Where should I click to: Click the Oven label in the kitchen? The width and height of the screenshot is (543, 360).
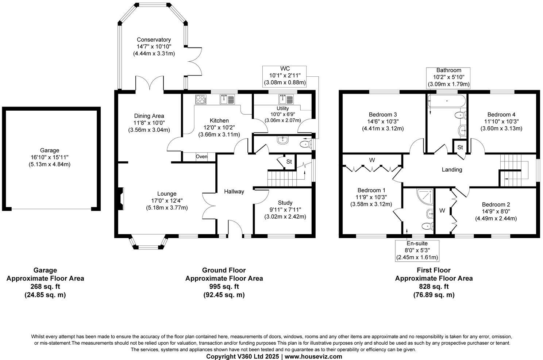(x=201, y=157)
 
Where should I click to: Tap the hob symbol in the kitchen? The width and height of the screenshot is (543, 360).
(x=200, y=99)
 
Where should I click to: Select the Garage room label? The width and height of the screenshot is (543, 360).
(x=49, y=150)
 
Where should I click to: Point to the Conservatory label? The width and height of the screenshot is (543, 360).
(x=154, y=40)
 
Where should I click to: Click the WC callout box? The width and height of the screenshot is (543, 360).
(x=284, y=76)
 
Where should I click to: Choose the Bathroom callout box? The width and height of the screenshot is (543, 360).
(x=448, y=77)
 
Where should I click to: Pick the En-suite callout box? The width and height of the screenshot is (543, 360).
(x=417, y=250)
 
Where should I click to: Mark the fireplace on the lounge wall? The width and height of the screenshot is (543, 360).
(x=121, y=199)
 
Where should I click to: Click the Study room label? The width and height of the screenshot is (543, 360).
(x=285, y=203)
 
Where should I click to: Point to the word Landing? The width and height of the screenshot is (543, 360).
(x=452, y=169)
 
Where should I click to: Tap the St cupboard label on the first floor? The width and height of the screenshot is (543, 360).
(x=460, y=147)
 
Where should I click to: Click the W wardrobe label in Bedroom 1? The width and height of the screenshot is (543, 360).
(x=372, y=160)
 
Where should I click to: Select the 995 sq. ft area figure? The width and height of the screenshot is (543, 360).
(x=224, y=286)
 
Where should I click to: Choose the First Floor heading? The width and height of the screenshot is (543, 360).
(x=434, y=270)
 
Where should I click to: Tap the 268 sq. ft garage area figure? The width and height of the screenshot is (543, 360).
(x=45, y=286)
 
